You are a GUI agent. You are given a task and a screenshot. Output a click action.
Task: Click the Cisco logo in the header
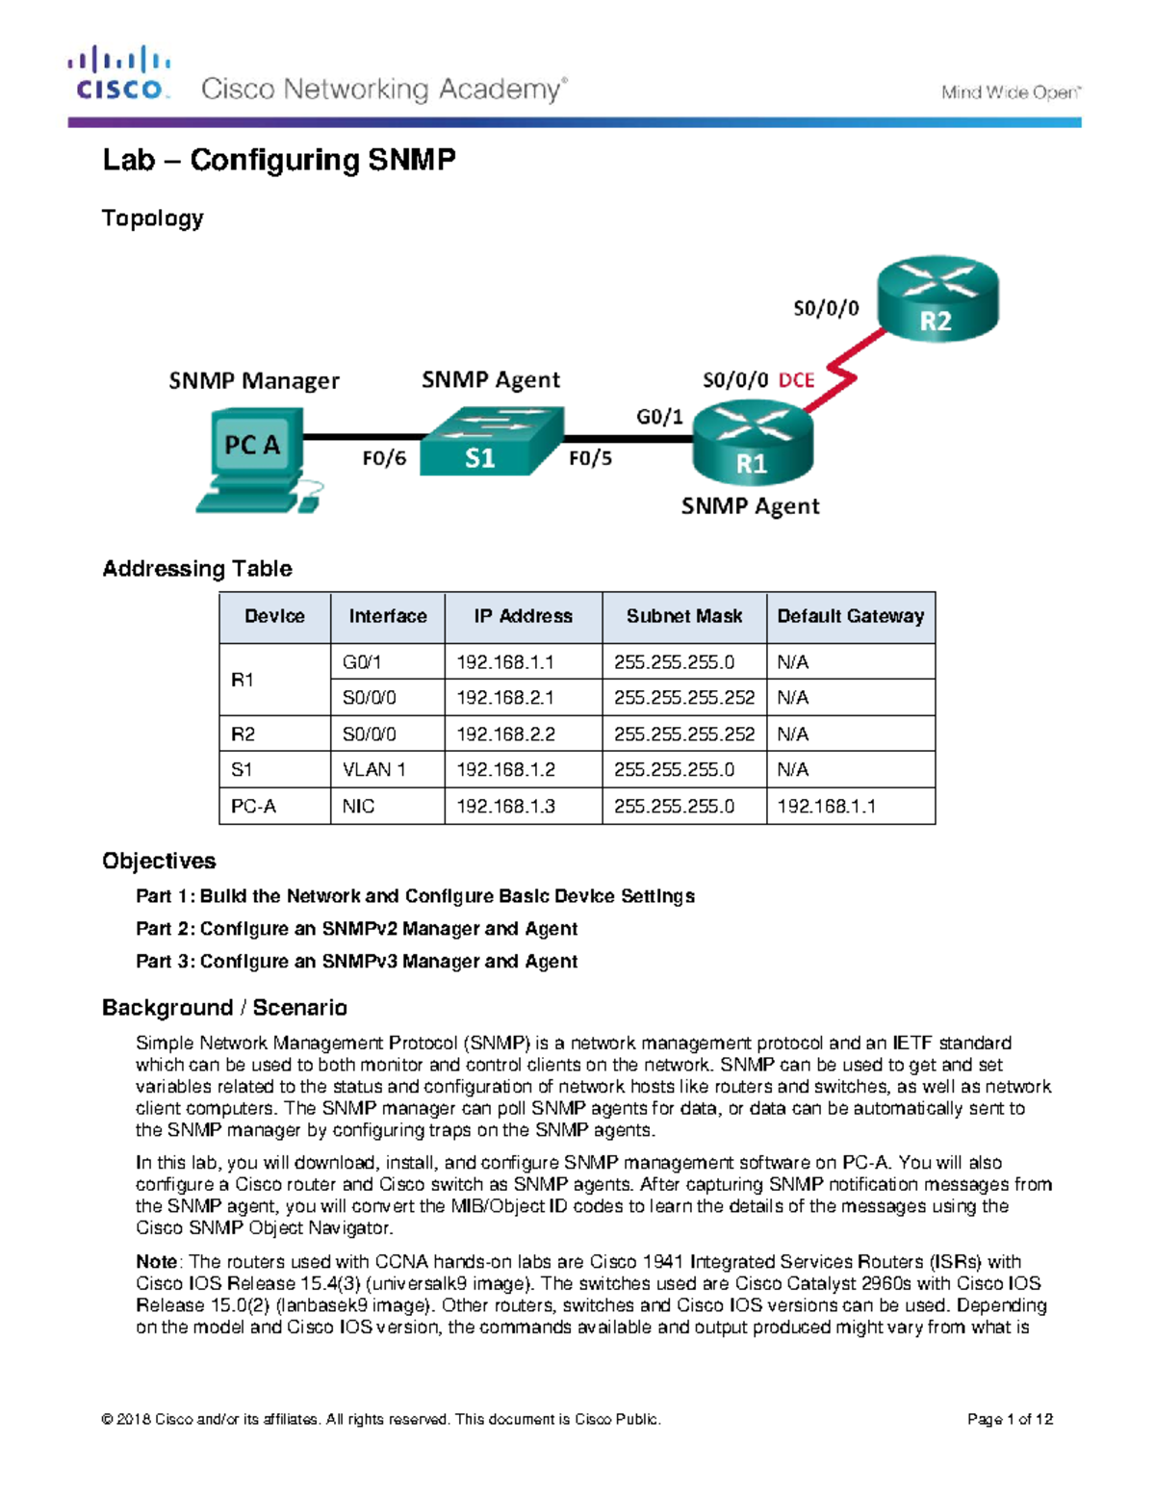(x=119, y=74)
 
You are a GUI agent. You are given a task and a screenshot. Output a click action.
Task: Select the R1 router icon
(x=753, y=444)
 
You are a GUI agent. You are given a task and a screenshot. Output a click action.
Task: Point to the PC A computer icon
(x=255, y=458)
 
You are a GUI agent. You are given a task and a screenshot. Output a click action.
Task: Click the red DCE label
(x=796, y=380)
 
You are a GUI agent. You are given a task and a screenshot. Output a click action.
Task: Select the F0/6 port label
(x=383, y=458)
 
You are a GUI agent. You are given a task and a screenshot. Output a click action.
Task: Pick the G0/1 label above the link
(x=659, y=417)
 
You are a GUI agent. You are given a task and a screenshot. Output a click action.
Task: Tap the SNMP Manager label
(x=254, y=381)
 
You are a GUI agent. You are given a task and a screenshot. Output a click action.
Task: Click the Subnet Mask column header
(x=683, y=616)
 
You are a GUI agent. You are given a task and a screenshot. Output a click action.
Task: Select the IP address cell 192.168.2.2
(x=505, y=734)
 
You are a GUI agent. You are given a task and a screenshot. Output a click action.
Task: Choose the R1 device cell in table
(x=243, y=680)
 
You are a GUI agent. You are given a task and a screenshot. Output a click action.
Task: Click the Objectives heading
(x=159, y=861)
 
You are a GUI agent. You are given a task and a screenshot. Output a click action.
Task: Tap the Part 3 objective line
(x=356, y=961)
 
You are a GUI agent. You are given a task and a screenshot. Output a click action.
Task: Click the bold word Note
(x=156, y=1262)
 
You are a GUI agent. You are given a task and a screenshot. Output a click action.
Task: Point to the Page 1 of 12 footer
(x=1009, y=1419)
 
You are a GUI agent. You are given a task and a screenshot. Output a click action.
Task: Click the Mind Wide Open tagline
(x=1010, y=92)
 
